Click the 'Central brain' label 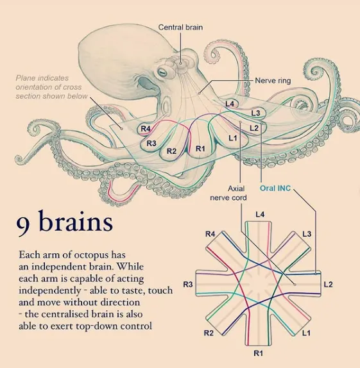coord(180,27)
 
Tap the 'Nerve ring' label coord(273,81)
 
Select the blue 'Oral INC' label coord(275,188)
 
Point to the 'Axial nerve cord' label coord(228,193)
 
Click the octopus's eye coord(162,72)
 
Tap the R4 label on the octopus coord(146,129)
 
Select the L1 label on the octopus coord(233,138)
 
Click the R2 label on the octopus coord(171,151)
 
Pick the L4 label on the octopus coord(230,104)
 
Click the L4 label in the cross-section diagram coord(260,214)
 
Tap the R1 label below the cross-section coord(258,353)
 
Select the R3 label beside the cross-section coord(188,285)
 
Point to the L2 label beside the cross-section coord(328,285)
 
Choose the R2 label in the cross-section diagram coord(209,333)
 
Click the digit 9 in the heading coord(23,224)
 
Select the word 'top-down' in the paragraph coord(98,326)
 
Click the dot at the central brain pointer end coord(180,63)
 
